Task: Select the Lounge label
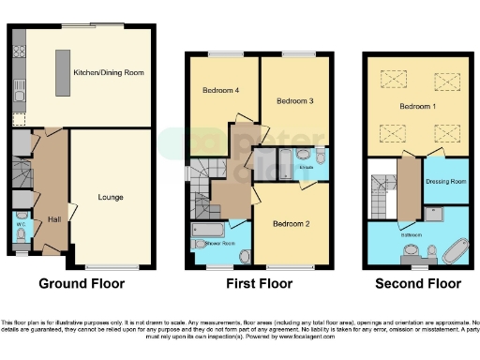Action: [x=111, y=198]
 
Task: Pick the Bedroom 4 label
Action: [x=220, y=90]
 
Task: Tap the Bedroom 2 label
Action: [x=291, y=224]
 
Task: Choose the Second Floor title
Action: [x=417, y=283]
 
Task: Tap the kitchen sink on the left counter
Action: [x=19, y=91]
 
